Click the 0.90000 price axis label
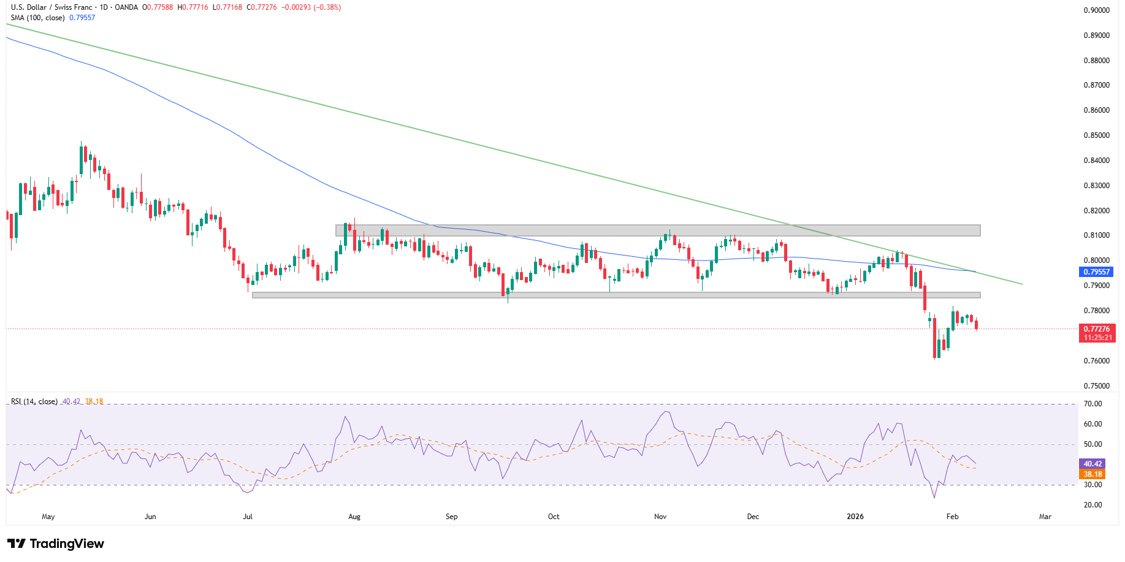coord(1096,10)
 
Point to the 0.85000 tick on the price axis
coord(1096,135)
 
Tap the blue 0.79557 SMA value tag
coord(1096,272)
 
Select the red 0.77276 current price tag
coord(1096,329)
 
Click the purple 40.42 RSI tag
coord(1093,464)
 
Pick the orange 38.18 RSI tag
coord(1093,474)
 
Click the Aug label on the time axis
coord(354,517)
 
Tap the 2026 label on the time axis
coord(855,517)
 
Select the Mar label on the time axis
coord(1045,517)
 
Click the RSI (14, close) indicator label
coord(34,401)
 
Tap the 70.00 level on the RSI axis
coord(1093,404)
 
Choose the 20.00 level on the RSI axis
coord(1093,505)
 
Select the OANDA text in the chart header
coord(126,7)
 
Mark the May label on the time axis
coord(48,517)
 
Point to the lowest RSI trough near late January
coord(934,496)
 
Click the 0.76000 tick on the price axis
coord(1096,361)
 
